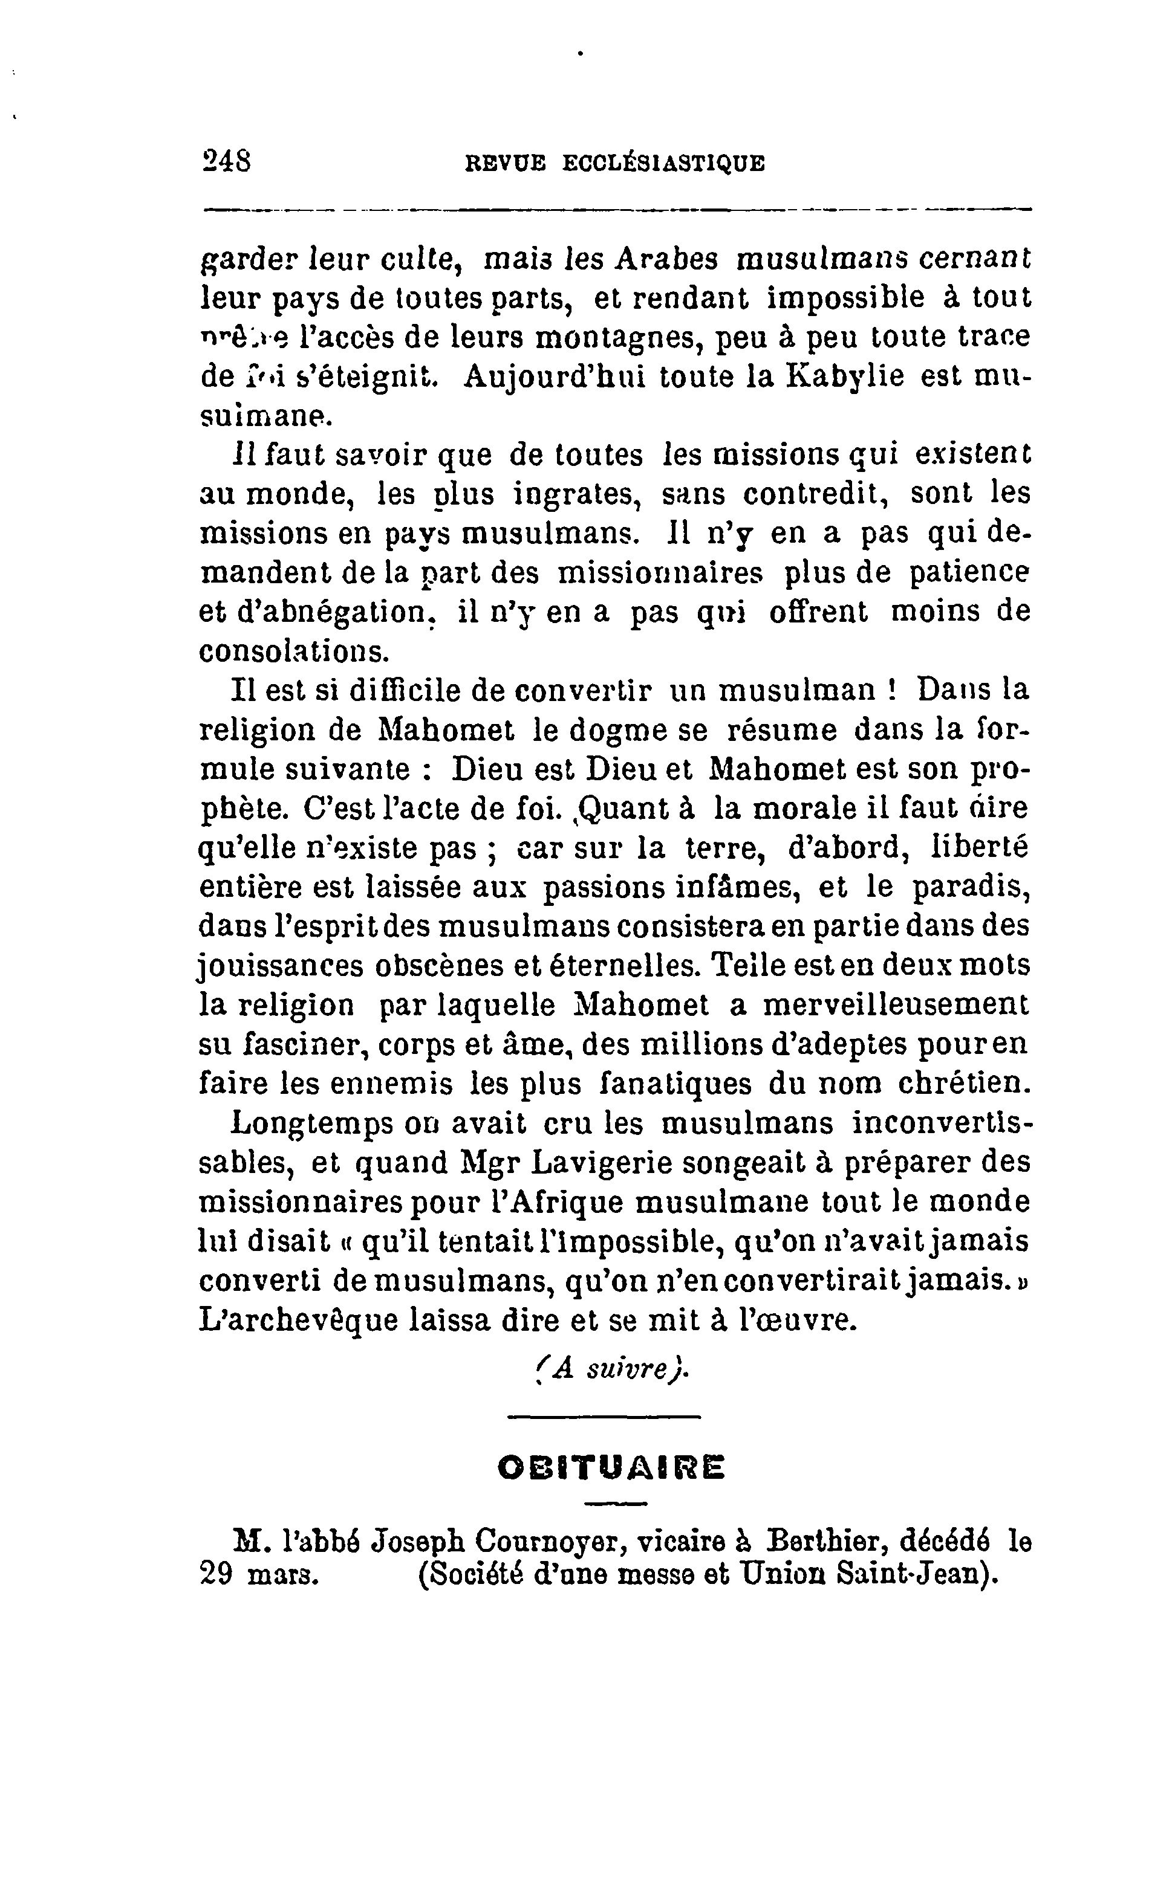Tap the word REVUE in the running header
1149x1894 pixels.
point(506,163)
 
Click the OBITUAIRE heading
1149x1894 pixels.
point(611,1468)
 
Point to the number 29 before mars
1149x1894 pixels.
point(216,1574)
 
